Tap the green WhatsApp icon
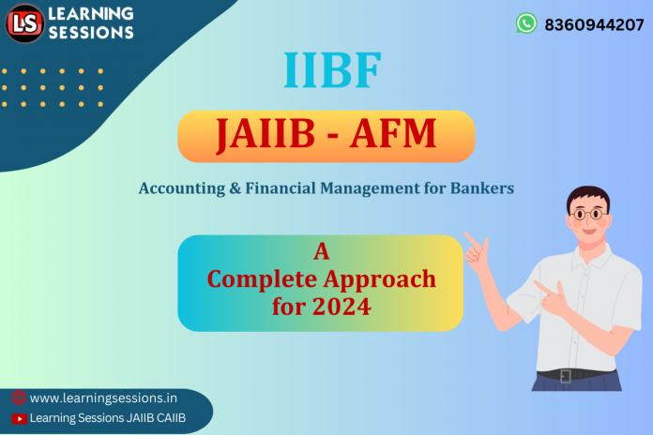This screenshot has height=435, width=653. click(526, 23)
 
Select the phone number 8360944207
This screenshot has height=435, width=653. click(594, 24)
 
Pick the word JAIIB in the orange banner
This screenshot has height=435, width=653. click(267, 136)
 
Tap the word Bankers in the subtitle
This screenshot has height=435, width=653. click(481, 188)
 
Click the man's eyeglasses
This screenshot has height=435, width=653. click(588, 214)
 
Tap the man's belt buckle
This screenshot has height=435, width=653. click(566, 376)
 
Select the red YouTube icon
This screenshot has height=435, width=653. click(18, 418)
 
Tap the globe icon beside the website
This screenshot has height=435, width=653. click(18, 397)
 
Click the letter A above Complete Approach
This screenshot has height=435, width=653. click(321, 251)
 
